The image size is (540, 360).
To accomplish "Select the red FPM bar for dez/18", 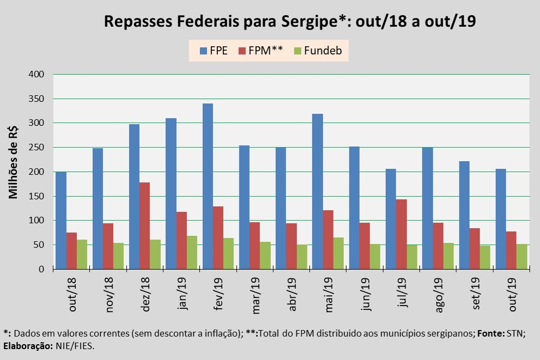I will pos(145,225).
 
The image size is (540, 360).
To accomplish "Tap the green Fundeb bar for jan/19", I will pos(192,252).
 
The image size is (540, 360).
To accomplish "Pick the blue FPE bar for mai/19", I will pos(318,191).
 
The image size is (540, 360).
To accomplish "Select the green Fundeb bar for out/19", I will pos(522,257).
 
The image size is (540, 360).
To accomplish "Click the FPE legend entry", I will pos(213,51).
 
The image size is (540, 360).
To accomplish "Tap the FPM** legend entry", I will pos(260,51).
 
